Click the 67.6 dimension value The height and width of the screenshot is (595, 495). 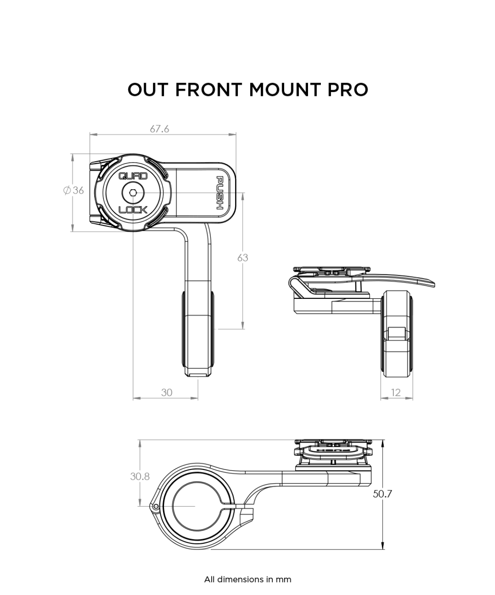coord(160,129)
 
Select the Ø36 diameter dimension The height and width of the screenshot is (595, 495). coord(73,191)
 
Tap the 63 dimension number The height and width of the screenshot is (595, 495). coord(243,257)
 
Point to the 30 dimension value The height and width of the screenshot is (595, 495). coord(167,392)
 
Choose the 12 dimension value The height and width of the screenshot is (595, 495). coord(396,392)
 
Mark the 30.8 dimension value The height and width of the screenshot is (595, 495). coord(140,476)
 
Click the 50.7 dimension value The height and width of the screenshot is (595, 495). coord(382,494)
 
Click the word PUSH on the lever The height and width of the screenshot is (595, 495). coord(220,193)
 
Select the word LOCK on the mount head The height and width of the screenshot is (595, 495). coord(133,210)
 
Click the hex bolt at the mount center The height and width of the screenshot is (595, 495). coord(133,193)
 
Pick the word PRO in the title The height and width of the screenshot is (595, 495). coord(347,90)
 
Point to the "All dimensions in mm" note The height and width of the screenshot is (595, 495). coord(247,579)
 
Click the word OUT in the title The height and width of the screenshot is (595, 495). coord(148,90)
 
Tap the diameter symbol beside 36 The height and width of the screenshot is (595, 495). coord(67,191)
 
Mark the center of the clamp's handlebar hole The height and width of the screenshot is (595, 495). coord(194,506)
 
